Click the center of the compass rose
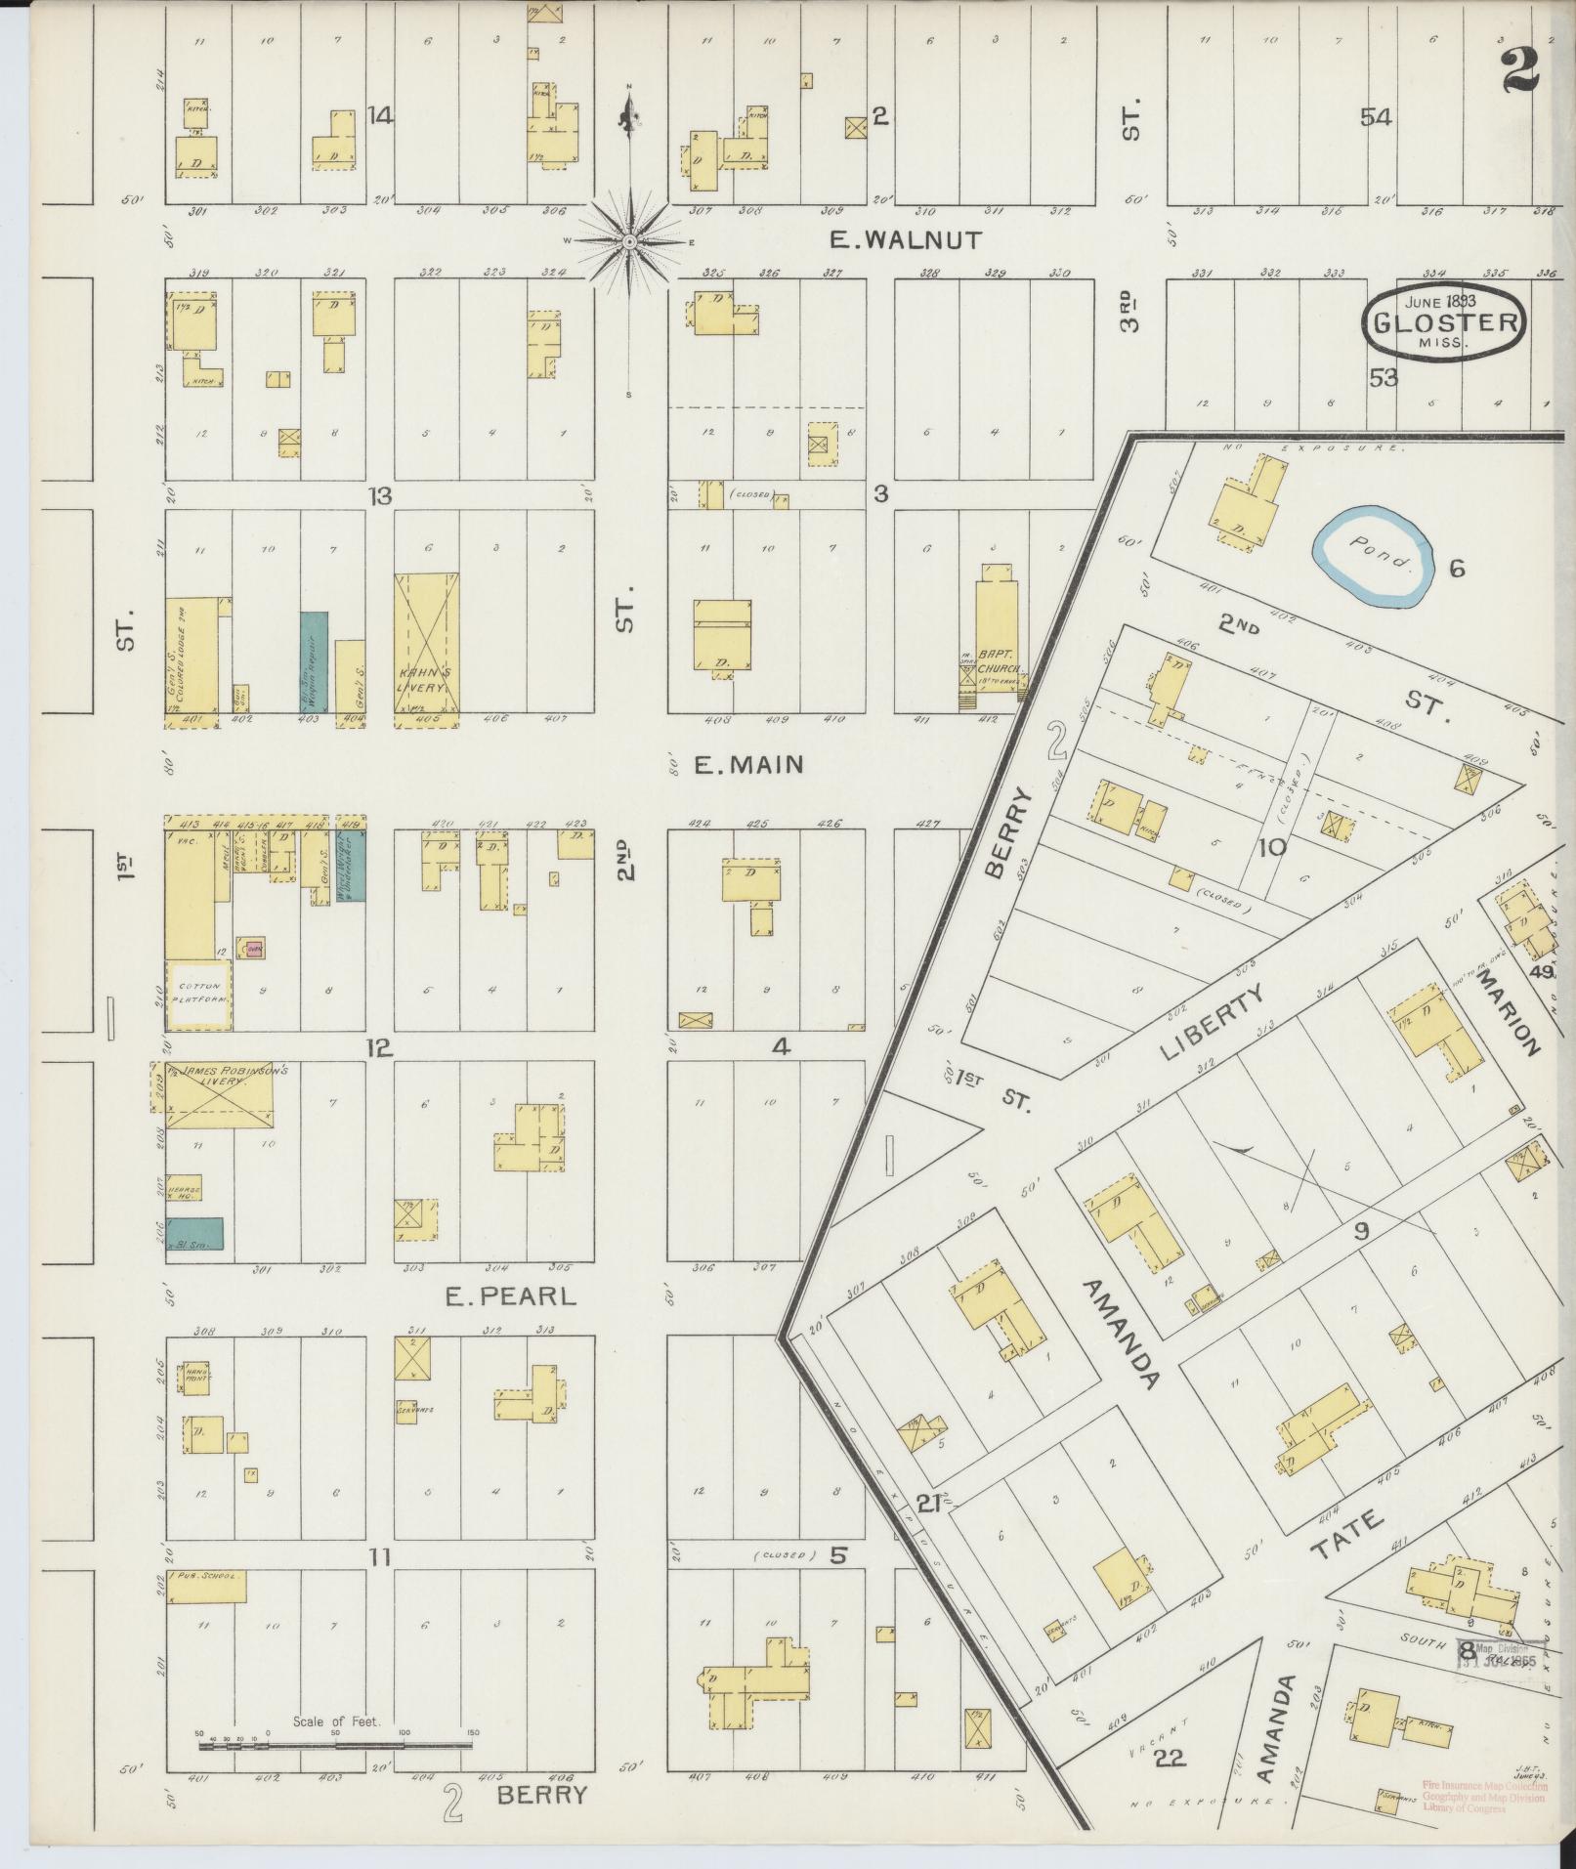point(630,241)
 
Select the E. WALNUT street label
point(904,240)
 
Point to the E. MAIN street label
point(748,764)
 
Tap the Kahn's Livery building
point(427,650)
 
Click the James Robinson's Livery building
point(219,1094)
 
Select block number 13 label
point(379,496)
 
